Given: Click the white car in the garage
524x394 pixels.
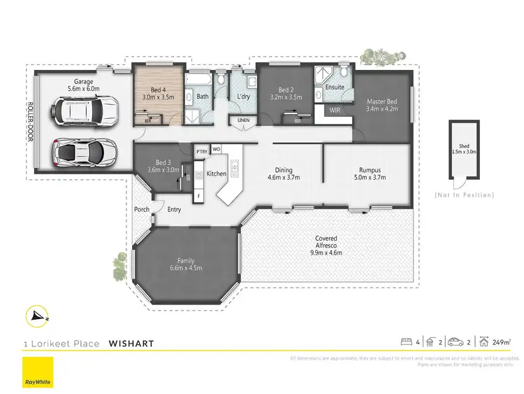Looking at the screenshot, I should click(x=85, y=111).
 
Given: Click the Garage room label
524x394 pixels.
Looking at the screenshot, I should click(x=84, y=85).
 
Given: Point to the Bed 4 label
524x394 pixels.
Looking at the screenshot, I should click(x=159, y=90).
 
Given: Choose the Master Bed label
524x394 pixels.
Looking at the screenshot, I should click(x=381, y=102).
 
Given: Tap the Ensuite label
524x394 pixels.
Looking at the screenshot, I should click(x=335, y=87).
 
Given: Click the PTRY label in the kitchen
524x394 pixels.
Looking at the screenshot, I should click(x=202, y=150).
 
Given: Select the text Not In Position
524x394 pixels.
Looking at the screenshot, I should click(x=464, y=195).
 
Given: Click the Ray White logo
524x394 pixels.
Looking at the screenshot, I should click(x=37, y=372).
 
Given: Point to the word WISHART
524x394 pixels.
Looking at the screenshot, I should click(x=131, y=344).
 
